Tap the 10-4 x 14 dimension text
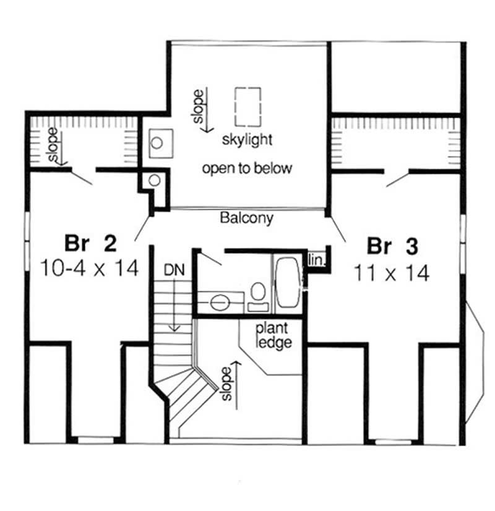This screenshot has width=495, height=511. (x=88, y=268)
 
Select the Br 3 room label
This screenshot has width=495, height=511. (x=392, y=246)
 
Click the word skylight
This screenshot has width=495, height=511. (x=247, y=139)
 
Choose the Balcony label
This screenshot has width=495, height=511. (x=246, y=218)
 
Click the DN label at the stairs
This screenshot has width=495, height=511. (x=174, y=270)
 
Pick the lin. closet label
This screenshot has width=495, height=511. (x=316, y=260)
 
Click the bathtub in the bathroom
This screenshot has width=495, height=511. (x=287, y=283)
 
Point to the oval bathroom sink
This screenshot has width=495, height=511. (x=218, y=303)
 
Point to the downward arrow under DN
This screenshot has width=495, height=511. (x=175, y=303)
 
